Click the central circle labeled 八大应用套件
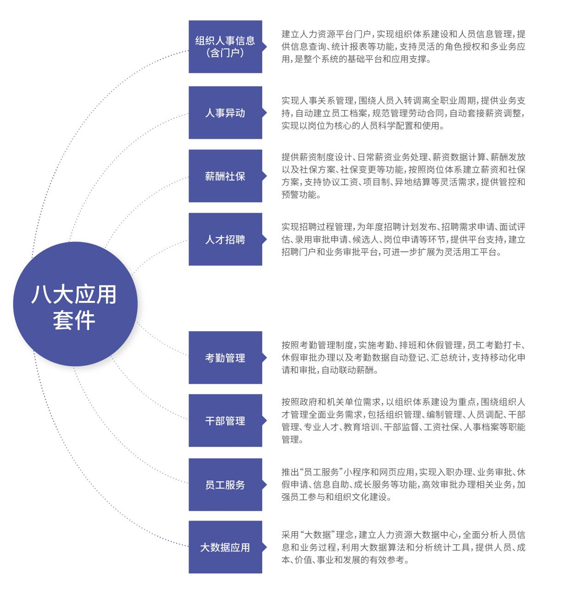[x=75, y=304]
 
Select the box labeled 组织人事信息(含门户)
[x=225, y=46]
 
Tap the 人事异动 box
[x=225, y=113]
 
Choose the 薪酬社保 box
[x=225, y=176]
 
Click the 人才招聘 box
[x=225, y=239]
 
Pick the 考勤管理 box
[x=225, y=357]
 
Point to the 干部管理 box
[x=225, y=420]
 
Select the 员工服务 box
[x=225, y=484]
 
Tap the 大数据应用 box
[x=225, y=547]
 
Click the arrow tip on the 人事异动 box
[x=267, y=113]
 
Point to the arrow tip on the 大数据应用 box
[x=267, y=547]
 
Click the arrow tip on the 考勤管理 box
[x=267, y=357]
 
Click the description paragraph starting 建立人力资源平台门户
[x=403, y=46]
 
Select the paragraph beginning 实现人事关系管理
[x=403, y=113]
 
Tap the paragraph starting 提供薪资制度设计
[x=403, y=176]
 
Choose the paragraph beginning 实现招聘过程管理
[x=403, y=239]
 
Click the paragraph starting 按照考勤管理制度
[x=403, y=357]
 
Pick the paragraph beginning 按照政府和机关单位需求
[x=403, y=420]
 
